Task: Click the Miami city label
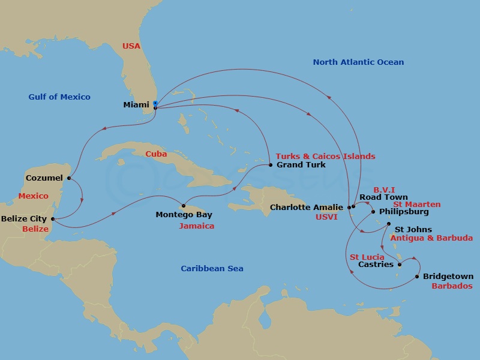click(x=136, y=105)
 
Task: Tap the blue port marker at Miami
click(x=155, y=103)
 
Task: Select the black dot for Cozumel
click(x=70, y=178)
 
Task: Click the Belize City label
click(x=23, y=219)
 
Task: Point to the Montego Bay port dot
click(x=184, y=206)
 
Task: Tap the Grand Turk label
click(x=301, y=164)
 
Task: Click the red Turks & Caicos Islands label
click(x=325, y=156)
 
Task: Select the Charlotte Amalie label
click(x=307, y=208)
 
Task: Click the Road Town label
click(x=383, y=197)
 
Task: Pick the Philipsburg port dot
click(x=373, y=212)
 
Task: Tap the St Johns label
click(x=413, y=229)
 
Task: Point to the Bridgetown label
click(x=448, y=277)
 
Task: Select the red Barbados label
click(x=452, y=286)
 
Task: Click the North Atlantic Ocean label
click(x=358, y=62)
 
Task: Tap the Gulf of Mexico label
click(x=59, y=97)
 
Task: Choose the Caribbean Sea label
click(x=212, y=268)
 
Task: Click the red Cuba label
click(x=156, y=154)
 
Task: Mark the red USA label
click(x=131, y=46)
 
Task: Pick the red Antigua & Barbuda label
click(x=431, y=238)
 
